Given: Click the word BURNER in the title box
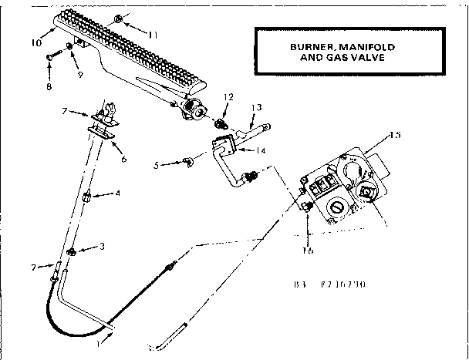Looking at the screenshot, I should coord(305,46).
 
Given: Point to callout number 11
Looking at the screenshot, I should coord(153,35).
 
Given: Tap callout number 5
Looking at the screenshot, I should coord(157,165).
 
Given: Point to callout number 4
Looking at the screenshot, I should coord(116,193).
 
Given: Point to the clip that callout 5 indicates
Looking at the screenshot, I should coord(185,162).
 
